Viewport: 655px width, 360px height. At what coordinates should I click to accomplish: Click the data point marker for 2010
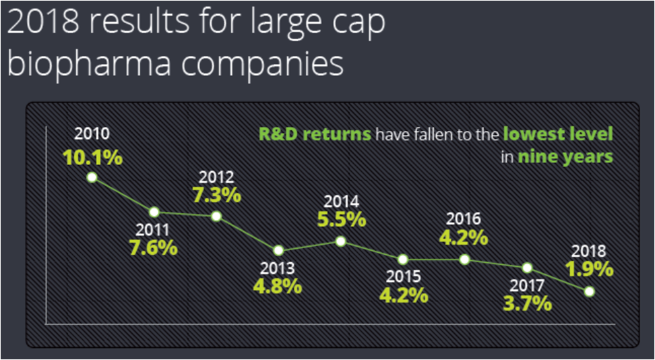click(92, 177)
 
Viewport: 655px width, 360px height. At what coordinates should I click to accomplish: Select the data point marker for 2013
click(278, 251)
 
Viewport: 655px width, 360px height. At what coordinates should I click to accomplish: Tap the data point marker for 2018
click(590, 291)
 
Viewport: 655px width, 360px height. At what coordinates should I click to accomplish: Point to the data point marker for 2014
click(341, 241)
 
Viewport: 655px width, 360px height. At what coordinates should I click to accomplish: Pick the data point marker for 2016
click(464, 260)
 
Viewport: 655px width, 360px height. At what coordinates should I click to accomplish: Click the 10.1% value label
click(92, 157)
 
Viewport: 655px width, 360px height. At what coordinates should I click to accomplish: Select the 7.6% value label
click(154, 248)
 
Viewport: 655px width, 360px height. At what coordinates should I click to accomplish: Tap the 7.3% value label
click(217, 196)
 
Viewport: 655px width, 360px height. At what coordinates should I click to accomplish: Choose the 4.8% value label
click(278, 286)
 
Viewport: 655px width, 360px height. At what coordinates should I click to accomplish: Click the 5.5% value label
click(342, 220)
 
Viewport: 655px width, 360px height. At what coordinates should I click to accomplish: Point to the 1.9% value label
click(589, 269)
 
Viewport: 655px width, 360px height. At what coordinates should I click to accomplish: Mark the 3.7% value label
click(527, 303)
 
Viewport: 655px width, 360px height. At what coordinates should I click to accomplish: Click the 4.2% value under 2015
click(404, 295)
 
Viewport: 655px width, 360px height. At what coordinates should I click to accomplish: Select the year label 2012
click(216, 178)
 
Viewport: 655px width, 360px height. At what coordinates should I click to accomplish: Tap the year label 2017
click(527, 286)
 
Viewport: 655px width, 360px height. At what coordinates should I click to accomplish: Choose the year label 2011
click(154, 231)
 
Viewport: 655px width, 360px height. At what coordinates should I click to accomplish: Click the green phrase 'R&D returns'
click(315, 135)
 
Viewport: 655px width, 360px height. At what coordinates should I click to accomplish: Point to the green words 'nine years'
click(565, 157)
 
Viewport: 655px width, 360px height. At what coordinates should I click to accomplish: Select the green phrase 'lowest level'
click(558, 135)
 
